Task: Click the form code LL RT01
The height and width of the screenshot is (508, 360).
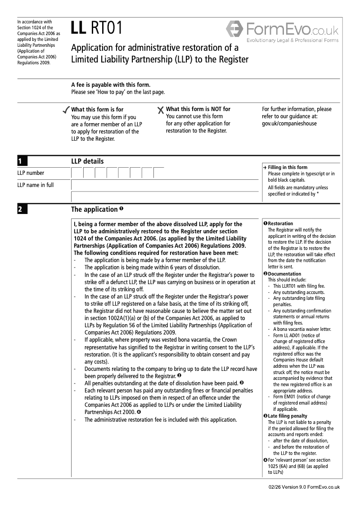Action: pos(96,28)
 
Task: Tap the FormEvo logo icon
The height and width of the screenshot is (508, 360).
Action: pos(234,30)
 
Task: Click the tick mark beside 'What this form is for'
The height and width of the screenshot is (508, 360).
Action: pos(66,110)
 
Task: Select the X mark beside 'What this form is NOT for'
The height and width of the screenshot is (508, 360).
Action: pos(161,110)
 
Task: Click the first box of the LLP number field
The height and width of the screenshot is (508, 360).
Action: pos(77,173)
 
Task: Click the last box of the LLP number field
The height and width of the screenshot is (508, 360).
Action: pos(159,173)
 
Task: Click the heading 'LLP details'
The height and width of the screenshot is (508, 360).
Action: pos(87,161)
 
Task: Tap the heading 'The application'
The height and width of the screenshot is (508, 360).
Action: pos(94,209)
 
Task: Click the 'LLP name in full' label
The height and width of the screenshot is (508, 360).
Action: pos(35,185)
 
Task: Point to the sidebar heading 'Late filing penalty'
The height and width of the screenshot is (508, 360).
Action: pos(288,416)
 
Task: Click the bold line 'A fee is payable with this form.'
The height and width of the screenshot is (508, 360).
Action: pos(111,85)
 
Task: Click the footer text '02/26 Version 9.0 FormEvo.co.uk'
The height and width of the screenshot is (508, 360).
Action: pos(304,487)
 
